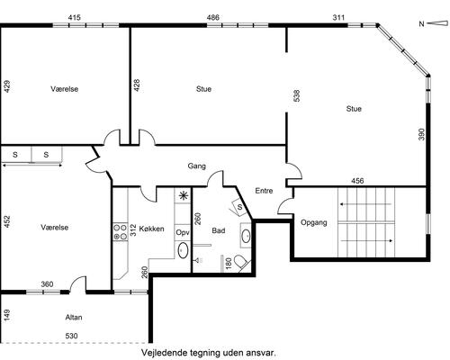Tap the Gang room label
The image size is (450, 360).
(197, 166)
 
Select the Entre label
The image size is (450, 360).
(264, 191)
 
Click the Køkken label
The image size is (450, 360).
(151, 229)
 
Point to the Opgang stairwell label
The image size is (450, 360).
(314, 223)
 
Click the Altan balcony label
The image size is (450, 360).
(74, 317)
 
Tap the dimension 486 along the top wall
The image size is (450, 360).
(213, 18)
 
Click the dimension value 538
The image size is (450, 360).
(297, 95)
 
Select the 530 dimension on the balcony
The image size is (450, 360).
(72, 336)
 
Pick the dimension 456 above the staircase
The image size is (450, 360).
(357, 181)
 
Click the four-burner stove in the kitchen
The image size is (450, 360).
(121, 232)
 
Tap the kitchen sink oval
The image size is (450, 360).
(183, 251)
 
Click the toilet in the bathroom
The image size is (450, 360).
(241, 263)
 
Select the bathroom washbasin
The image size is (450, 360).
(247, 236)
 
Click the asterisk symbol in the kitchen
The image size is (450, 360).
(183, 196)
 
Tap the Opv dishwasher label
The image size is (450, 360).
(183, 232)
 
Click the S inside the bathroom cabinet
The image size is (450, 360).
(239, 207)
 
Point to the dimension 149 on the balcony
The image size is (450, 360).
(6, 315)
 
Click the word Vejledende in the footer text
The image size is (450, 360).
(165, 353)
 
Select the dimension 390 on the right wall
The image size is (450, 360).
(421, 134)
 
